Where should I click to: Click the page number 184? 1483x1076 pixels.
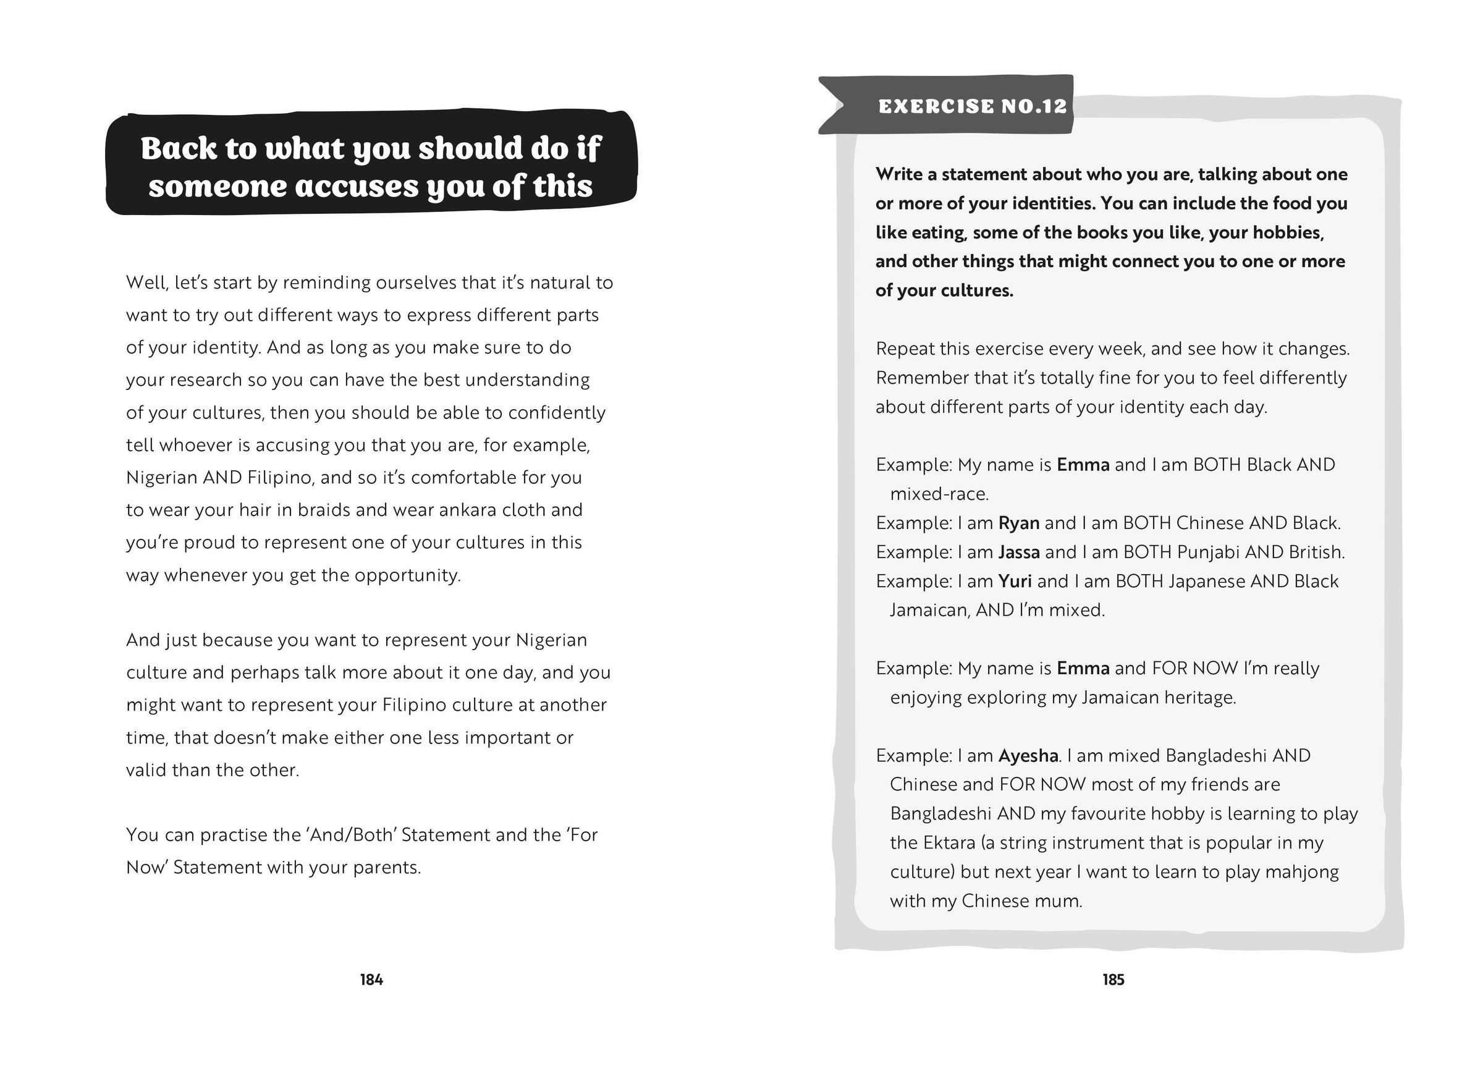(371, 979)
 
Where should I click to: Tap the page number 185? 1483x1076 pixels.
(1113, 979)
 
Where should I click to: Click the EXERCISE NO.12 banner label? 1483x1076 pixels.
(973, 106)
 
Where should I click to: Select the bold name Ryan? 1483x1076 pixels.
(1019, 523)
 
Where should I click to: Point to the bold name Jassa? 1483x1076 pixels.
(1019, 552)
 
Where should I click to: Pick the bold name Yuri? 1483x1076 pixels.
(1015, 581)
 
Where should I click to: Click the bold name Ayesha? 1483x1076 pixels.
(1028, 755)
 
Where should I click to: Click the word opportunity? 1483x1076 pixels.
(407, 575)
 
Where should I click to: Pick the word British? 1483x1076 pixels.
(1316, 552)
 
